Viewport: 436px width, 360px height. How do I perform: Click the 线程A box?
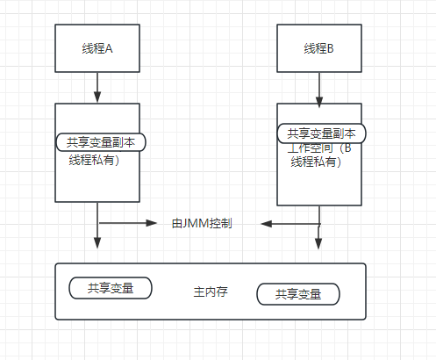click(x=97, y=48)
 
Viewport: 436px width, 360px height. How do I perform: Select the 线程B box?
click(x=319, y=48)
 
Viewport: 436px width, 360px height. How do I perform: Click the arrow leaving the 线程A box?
click(x=97, y=88)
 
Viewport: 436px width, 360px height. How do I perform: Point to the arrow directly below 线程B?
click(x=319, y=88)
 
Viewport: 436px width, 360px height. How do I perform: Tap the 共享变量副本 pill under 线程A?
click(x=101, y=141)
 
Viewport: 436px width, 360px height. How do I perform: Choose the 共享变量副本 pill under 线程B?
click(x=321, y=134)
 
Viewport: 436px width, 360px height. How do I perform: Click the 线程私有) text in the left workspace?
click(x=94, y=160)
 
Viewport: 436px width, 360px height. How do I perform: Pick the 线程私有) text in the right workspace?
click(x=316, y=162)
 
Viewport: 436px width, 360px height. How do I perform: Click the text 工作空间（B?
click(x=319, y=148)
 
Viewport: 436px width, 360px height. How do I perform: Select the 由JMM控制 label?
click(x=202, y=224)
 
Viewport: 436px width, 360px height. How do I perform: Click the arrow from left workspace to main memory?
click(x=97, y=228)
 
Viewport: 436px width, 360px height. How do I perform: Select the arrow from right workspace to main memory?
click(x=319, y=230)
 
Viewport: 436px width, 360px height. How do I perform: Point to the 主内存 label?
click(x=211, y=292)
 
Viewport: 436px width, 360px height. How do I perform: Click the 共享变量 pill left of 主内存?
click(x=111, y=288)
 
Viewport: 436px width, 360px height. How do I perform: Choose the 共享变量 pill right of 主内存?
click(x=298, y=293)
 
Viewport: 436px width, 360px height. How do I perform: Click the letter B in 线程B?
click(x=332, y=48)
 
